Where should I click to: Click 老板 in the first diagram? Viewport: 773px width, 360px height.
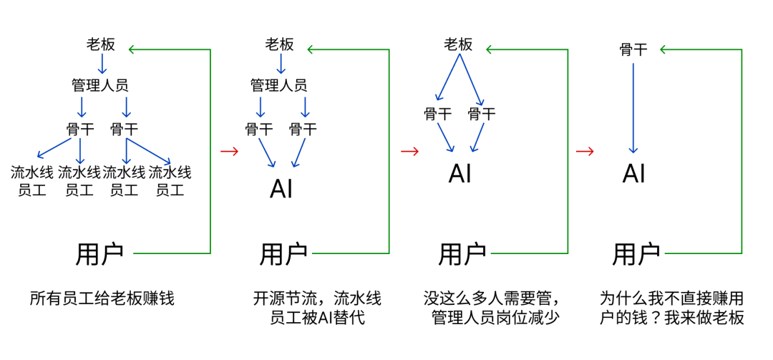pyautogui.click(x=101, y=44)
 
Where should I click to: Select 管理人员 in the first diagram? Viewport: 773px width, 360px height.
pyautogui.click(x=100, y=85)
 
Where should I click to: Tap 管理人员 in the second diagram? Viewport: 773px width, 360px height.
pyautogui.click(x=279, y=85)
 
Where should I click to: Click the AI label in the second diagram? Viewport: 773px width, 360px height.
pyautogui.click(x=281, y=189)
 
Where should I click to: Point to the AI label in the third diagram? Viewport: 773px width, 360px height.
pyautogui.click(x=460, y=173)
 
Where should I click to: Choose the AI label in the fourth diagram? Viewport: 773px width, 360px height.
pyautogui.click(x=633, y=173)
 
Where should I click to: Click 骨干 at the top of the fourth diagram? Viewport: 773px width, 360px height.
pyautogui.click(x=633, y=49)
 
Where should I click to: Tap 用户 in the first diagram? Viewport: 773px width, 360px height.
pyautogui.click(x=99, y=253)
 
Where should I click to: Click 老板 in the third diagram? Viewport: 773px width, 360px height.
pyautogui.click(x=458, y=44)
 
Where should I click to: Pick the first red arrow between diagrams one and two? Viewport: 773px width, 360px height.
pyautogui.click(x=230, y=151)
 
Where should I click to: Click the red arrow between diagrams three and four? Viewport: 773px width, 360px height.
pyautogui.click(x=585, y=151)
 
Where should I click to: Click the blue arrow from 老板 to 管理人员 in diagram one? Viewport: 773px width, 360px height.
pyautogui.click(x=102, y=64)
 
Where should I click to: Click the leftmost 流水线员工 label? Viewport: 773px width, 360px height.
pyautogui.click(x=32, y=181)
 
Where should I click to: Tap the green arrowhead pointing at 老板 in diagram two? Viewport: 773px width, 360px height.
pyautogui.click(x=312, y=49)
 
